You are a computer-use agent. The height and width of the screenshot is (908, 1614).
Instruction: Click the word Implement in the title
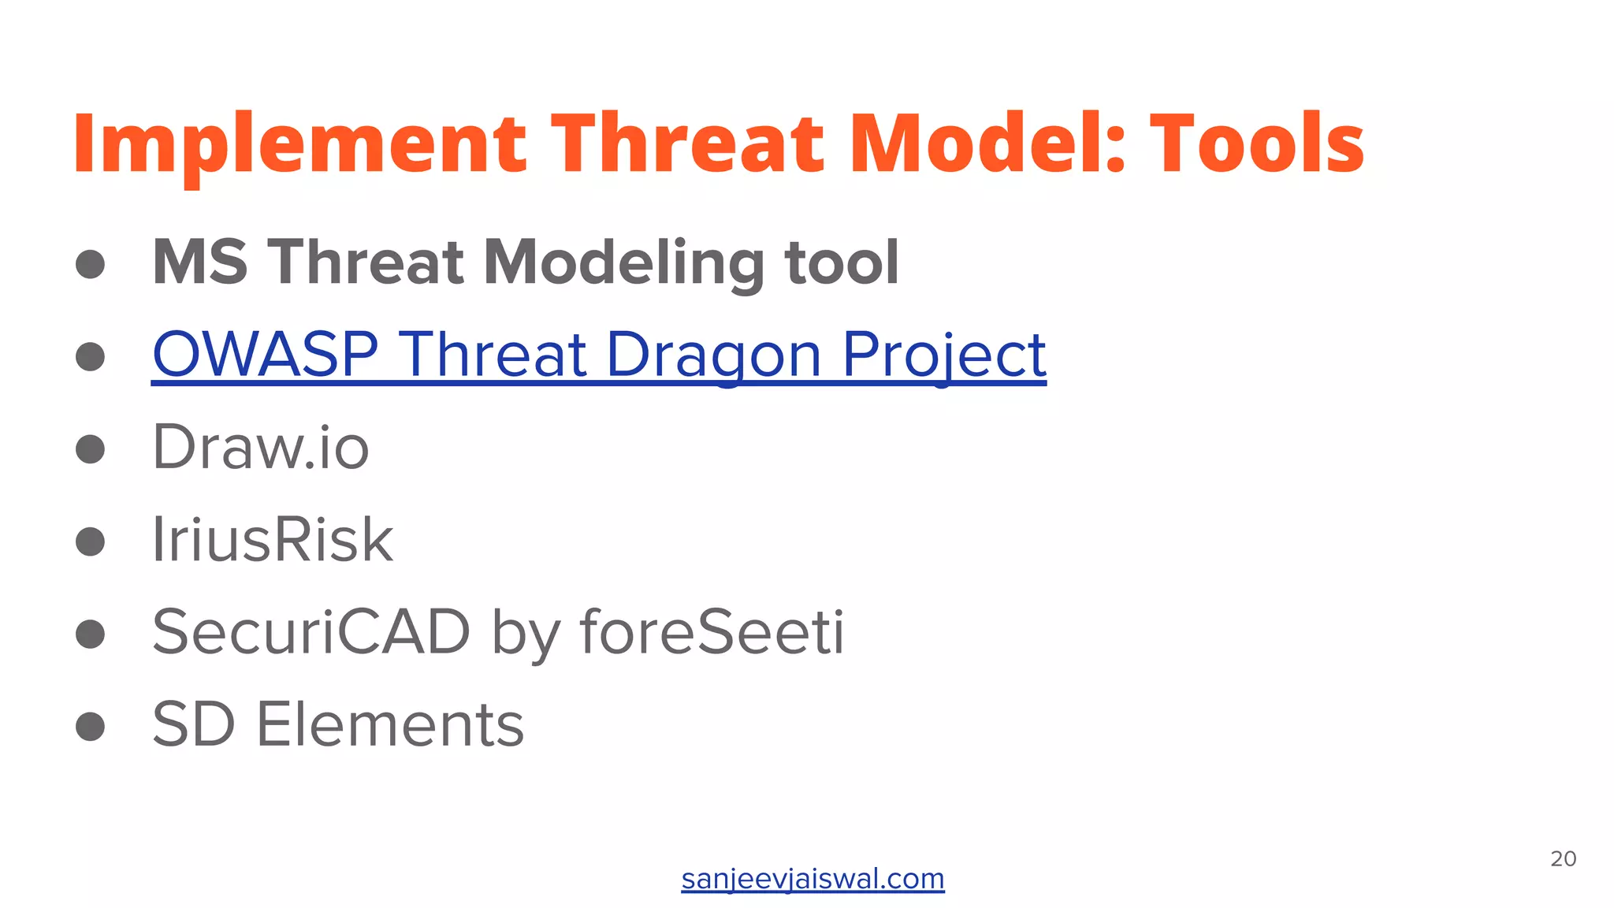tap(299, 143)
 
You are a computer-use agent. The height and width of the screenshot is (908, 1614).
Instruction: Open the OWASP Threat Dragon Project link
tap(599, 355)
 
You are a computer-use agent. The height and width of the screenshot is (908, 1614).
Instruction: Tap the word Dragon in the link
tap(713, 355)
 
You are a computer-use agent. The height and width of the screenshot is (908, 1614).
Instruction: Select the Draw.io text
tap(260, 448)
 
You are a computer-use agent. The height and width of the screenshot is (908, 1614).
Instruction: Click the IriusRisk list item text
tap(272, 540)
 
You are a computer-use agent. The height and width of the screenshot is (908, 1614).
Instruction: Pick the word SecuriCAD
tap(311, 632)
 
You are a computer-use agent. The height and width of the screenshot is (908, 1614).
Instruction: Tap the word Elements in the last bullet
tap(389, 724)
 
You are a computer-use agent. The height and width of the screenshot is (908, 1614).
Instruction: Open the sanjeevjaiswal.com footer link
tap(813, 879)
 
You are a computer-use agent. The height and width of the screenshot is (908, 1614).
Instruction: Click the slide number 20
tap(1563, 859)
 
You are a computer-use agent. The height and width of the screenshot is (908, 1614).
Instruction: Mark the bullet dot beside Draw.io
tap(91, 449)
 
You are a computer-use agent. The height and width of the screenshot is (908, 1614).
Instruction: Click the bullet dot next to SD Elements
tap(91, 726)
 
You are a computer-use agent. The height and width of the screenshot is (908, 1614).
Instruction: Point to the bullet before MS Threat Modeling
tap(91, 264)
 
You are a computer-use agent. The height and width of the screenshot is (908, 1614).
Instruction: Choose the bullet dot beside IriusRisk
tap(91, 541)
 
